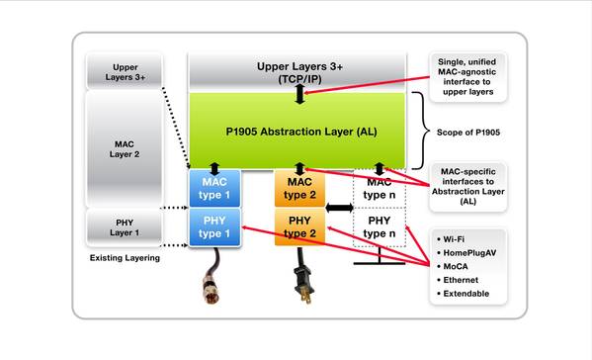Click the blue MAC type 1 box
214,188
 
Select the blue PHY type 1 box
214,227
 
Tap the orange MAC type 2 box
299,188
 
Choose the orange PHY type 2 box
299,227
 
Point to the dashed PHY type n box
380,227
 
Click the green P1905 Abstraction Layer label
301,132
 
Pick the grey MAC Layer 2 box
125,148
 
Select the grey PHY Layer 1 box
125,227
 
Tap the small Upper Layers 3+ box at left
125,72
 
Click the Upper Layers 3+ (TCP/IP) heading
299,72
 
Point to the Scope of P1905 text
468,133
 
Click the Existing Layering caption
125,258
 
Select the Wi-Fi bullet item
451,239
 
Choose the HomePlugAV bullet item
466,253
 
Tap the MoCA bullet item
453,266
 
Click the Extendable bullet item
463,294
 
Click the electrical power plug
304,285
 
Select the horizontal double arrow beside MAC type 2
339,208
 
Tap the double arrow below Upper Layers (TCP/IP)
299,94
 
